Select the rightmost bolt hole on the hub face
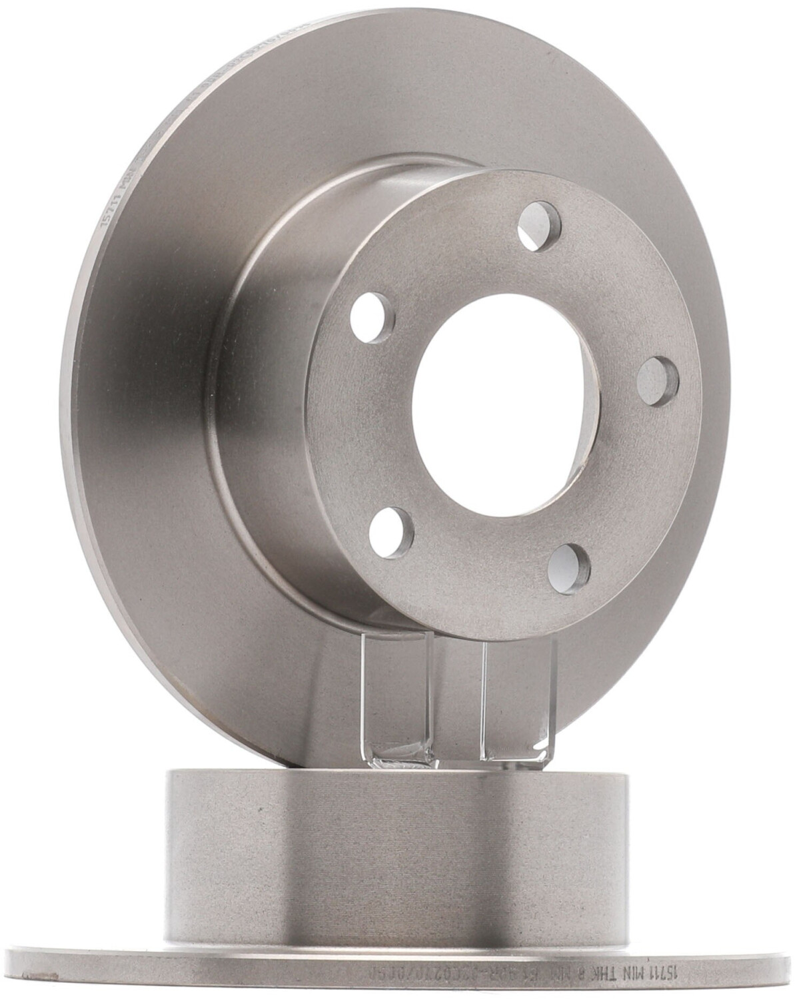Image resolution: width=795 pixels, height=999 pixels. click(x=658, y=380)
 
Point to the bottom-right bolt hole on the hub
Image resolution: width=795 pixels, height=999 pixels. click(x=568, y=568)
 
